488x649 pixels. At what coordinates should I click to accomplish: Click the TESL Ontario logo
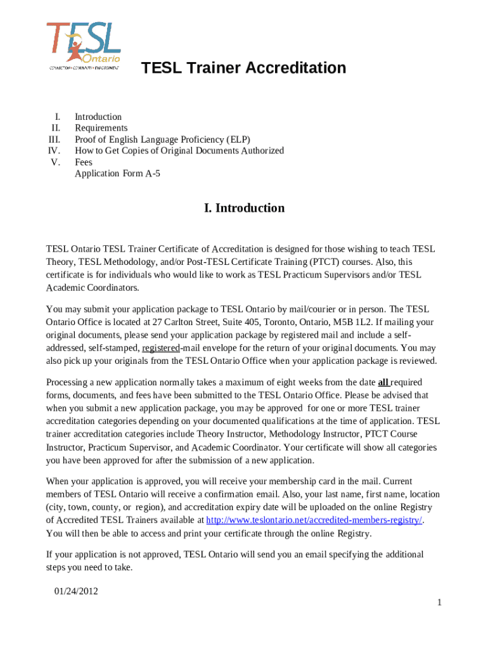pyautogui.click(x=83, y=46)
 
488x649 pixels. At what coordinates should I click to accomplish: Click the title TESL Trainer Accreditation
pyautogui.click(x=243, y=68)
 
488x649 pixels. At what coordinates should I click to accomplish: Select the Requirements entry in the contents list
pyautogui.click(x=101, y=128)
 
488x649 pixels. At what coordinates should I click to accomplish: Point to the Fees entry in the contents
pyautogui.click(x=84, y=162)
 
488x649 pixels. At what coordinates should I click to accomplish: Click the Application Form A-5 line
pyautogui.click(x=117, y=173)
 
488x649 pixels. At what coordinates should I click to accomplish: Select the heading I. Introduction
pyautogui.click(x=244, y=208)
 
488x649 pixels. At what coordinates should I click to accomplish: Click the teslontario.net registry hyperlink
pyautogui.click(x=314, y=520)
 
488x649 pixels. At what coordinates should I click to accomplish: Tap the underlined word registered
pyautogui.click(x=161, y=348)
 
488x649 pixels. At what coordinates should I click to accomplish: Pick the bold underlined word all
pyautogui.click(x=383, y=383)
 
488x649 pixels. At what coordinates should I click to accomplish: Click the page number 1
pyautogui.click(x=439, y=602)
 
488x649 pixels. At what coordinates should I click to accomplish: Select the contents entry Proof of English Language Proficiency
pyautogui.click(x=162, y=139)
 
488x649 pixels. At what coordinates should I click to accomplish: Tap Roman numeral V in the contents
pyautogui.click(x=56, y=162)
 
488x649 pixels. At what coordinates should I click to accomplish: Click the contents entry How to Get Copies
pyautogui.click(x=179, y=151)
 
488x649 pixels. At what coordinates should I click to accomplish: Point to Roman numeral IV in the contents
pyautogui.click(x=54, y=151)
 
